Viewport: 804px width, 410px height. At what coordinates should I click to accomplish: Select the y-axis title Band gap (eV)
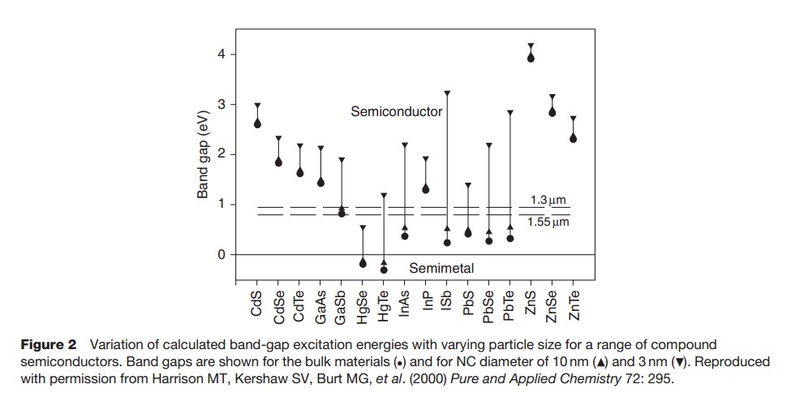click(204, 154)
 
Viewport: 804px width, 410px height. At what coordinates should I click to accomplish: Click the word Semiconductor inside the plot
click(396, 111)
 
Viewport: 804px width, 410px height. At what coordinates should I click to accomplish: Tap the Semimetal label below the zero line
click(441, 268)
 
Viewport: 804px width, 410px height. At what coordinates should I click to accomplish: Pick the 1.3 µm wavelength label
click(548, 200)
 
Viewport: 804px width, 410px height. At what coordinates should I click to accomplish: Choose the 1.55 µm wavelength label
click(548, 222)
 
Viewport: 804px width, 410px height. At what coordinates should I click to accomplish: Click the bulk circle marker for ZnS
click(531, 58)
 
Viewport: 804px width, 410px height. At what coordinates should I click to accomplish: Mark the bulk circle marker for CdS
click(257, 123)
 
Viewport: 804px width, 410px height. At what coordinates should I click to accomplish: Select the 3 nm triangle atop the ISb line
click(446, 93)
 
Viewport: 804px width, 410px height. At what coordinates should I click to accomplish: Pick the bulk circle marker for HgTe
click(384, 270)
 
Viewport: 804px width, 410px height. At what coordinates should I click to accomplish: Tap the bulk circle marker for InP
click(425, 189)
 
